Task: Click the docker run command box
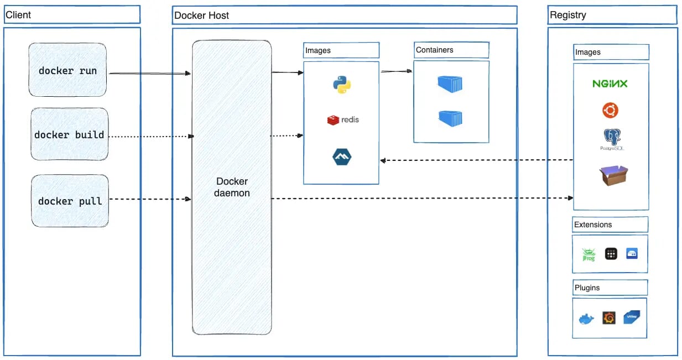point(67,71)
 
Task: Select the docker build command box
point(69,134)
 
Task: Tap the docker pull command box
point(70,201)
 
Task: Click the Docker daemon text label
point(232,187)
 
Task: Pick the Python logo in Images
point(341,85)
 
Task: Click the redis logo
point(343,119)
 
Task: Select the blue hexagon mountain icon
point(341,156)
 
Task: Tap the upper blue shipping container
point(450,84)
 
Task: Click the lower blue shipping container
point(450,118)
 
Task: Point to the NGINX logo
point(610,84)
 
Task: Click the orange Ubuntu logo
point(610,111)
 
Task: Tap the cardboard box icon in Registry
point(613,175)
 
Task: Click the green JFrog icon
point(588,254)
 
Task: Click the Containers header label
point(435,50)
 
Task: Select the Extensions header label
point(593,225)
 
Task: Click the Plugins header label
point(587,288)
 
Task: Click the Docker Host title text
point(201,15)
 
